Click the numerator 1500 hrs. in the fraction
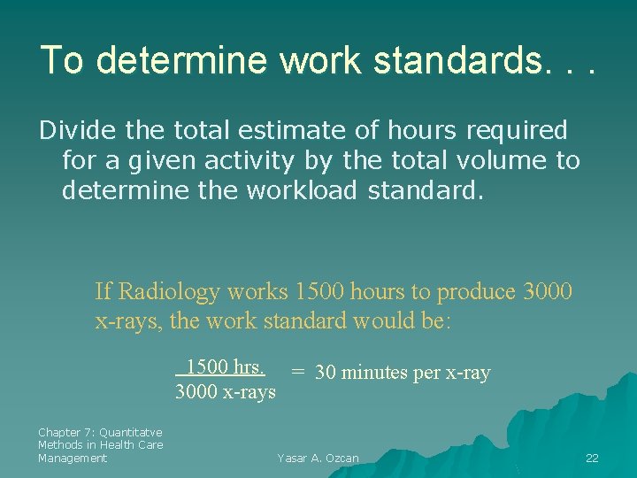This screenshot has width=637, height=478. tap(225, 366)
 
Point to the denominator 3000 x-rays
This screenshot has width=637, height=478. tap(226, 391)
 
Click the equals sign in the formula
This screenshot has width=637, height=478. tap(299, 372)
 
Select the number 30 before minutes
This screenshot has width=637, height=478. tap(325, 373)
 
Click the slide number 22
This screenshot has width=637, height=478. tap(592, 458)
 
